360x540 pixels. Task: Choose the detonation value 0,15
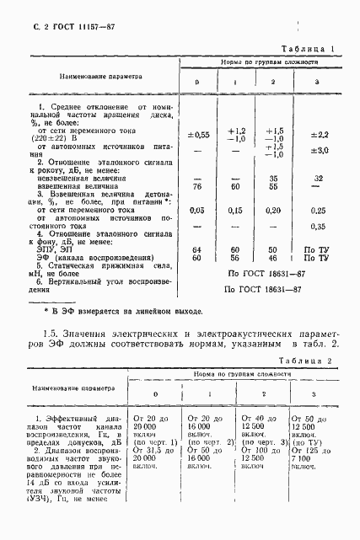pos(236,210)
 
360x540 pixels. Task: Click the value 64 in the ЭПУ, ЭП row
pos(196,251)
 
